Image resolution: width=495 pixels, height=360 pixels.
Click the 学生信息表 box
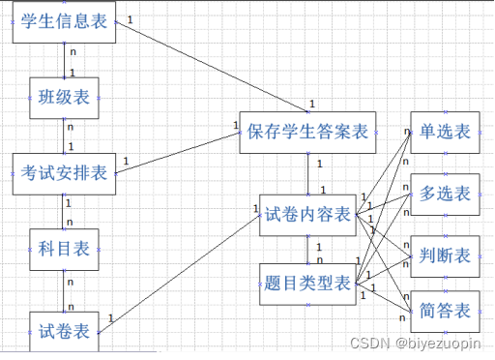point(64,22)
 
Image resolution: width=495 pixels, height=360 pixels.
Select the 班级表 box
point(64,97)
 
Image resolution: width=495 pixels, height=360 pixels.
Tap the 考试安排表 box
point(64,174)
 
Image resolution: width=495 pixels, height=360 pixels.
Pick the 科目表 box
point(64,249)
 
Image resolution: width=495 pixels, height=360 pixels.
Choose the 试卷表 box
point(64,331)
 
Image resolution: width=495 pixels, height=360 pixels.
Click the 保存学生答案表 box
point(307,132)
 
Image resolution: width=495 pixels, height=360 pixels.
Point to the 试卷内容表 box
point(307,214)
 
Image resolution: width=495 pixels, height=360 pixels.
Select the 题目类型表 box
point(307,284)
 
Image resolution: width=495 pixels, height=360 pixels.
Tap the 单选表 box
point(446,132)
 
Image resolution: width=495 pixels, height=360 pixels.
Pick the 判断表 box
point(446,255)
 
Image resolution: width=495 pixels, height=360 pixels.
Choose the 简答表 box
point(446,311)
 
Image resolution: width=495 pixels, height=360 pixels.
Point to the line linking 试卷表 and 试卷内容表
point(179,271)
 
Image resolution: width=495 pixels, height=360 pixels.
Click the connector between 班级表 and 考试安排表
point(64,135)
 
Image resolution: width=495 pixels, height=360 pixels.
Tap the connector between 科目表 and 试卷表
point(64,289)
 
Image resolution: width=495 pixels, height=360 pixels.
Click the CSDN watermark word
point(367,343)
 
